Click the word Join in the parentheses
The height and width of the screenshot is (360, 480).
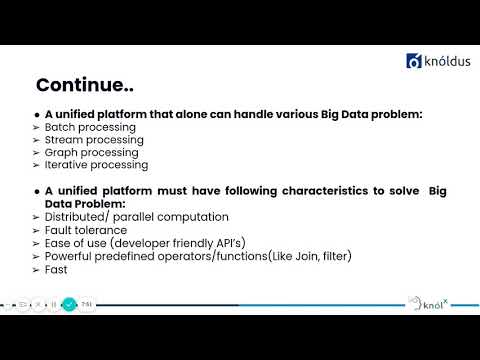click(x=285, y=256)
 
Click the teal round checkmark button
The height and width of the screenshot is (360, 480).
click(x=68, y=303)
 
